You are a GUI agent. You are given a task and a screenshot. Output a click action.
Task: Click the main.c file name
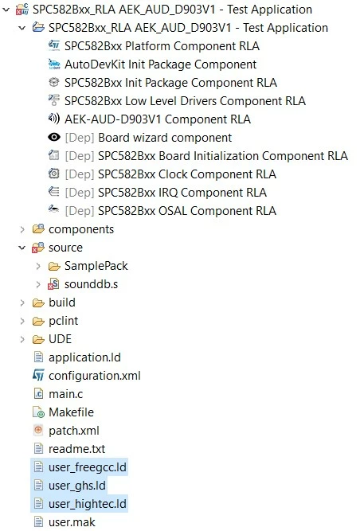[x=65, y=394]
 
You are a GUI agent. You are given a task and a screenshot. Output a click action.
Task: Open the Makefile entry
[x=71, y=412]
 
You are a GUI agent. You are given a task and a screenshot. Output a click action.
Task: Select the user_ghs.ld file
[x=77, y=486]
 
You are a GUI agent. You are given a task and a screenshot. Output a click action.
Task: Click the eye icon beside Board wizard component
[x=54, y=137]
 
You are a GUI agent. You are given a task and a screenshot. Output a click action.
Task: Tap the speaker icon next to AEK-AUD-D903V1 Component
[x=54, y=119]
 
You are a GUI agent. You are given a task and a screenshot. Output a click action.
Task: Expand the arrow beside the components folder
[x=22, y=229]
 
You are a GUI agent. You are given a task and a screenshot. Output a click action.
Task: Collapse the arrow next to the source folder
[x=22, y=248]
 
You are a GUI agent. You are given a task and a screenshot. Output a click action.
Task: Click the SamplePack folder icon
[x=54, y=266]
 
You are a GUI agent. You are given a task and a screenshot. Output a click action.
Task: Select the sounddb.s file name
[x=91, y=284]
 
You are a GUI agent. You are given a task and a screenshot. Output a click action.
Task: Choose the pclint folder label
[x=64, y=321]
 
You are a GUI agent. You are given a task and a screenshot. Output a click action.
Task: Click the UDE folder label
[x=60, y=339]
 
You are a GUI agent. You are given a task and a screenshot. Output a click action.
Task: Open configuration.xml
[x=95, y=376]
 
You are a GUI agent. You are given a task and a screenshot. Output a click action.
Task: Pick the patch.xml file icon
[x=38, y=430]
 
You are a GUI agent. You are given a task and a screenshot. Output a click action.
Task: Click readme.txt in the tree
[x=77, y=449]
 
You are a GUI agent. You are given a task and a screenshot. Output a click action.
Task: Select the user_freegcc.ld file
[x=88, y=467]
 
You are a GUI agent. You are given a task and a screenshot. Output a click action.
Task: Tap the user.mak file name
[x=72, y=522]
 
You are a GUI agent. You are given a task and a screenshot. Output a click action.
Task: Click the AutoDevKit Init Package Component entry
[x=161, y=64]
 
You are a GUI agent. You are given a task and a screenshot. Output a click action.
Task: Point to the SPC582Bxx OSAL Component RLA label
[x=187, y=211]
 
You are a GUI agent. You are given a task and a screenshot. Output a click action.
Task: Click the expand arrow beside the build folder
[x=22, y=303]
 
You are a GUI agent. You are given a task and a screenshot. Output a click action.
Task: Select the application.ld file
[x=84, y=357]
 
